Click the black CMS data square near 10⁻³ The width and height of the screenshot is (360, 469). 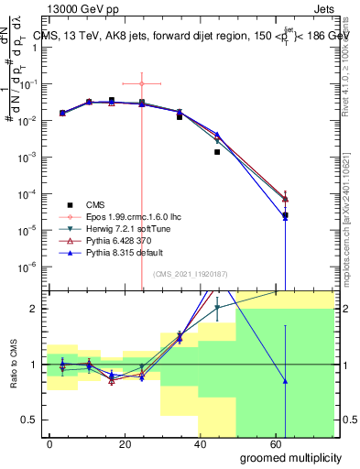(x=217, y=152)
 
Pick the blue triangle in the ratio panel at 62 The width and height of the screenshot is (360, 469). (x=286, y=381)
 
